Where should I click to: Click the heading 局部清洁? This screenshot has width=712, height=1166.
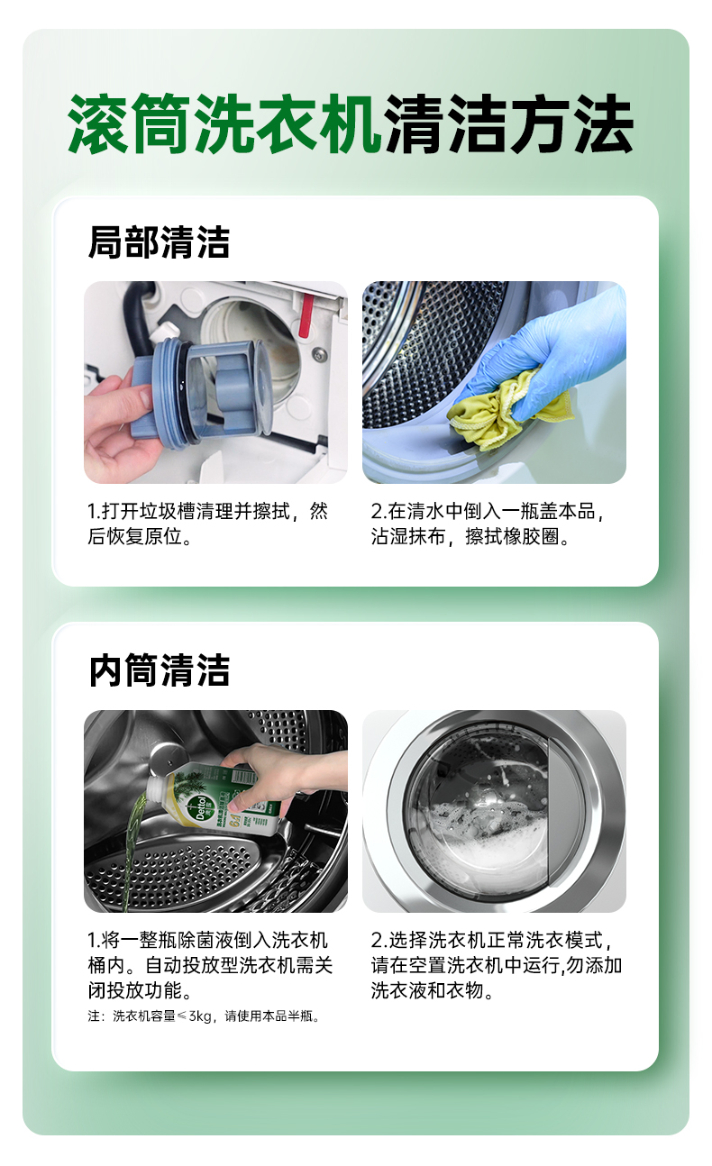(x=159, y=242)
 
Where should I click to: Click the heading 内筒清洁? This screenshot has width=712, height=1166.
(x=159, y=670)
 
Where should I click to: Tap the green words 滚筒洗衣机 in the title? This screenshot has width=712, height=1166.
(x=224, y=123)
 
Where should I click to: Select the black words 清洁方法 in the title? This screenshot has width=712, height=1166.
(x=508, y=123)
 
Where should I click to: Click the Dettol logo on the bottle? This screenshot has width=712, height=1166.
(x=204, y=807)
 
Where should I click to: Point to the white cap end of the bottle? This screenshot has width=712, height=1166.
(x=159, y=786)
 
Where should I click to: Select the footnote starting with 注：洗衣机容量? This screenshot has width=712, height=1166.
(x=204, y=1016)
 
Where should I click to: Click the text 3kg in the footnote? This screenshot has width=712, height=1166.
(x=200, y=1016)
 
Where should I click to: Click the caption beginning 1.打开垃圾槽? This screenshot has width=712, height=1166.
(x=207, y=524)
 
